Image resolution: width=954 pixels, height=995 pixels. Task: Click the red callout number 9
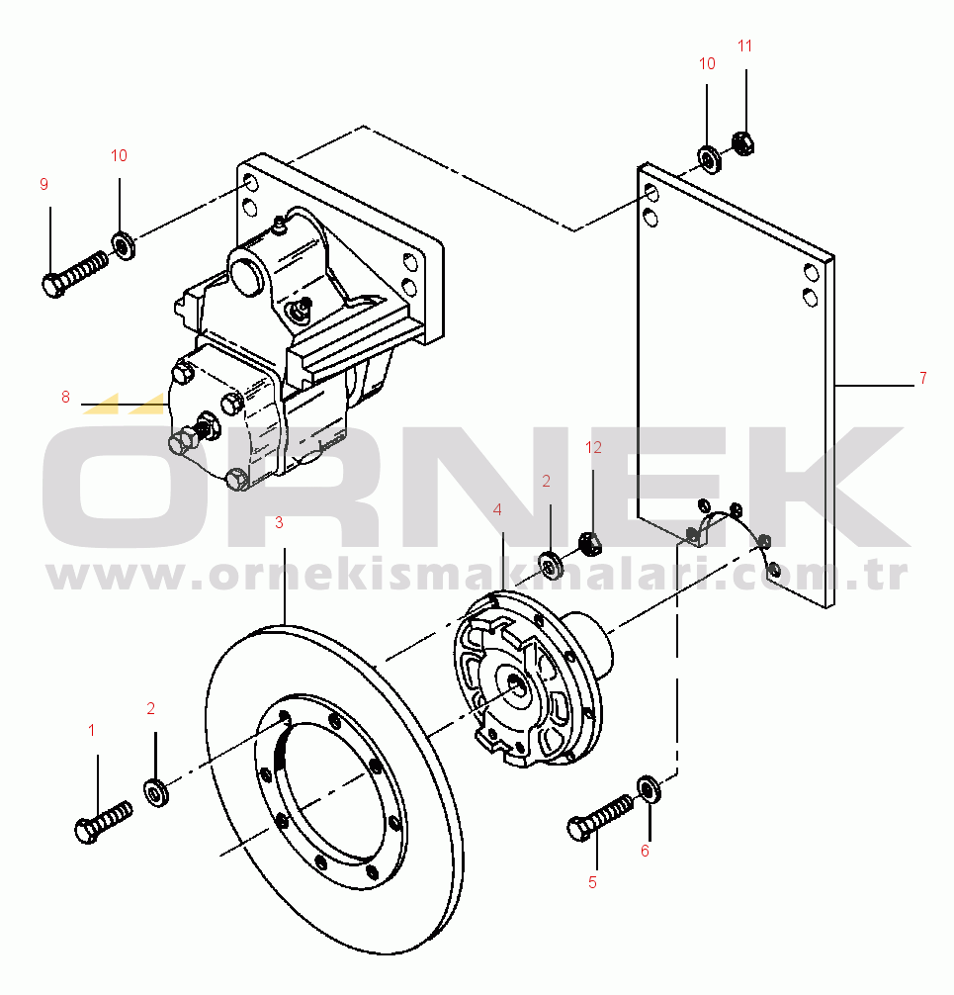[x=43, y=184]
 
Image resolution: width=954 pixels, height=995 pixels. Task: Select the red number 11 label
[x=744, y=45]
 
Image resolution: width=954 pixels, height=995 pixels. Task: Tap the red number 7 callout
[x=923, y=378]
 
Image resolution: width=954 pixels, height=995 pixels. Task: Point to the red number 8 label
[x=65, y=398]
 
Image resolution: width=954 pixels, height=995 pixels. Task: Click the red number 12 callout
[x=593, y=447]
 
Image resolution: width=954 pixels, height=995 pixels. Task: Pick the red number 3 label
[x=279, y=523]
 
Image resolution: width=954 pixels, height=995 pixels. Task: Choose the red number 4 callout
[x=497, y=509]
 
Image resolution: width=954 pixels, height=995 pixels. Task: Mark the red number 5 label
[x=592, y=882]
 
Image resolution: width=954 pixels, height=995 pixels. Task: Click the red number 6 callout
[x=645, y=851]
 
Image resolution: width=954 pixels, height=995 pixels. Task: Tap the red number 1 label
[x=91, y=730]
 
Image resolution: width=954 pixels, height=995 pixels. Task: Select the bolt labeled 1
[x=104, y=822]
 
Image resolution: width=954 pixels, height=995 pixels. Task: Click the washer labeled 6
[x=649, y=789]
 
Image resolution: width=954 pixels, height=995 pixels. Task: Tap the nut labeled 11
[x=742, y=142]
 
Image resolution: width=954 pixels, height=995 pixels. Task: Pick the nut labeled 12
[x=590, y=543]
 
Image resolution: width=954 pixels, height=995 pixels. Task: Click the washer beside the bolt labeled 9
[x=123, y=246]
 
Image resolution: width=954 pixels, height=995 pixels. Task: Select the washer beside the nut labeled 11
[x=709, y=160]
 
